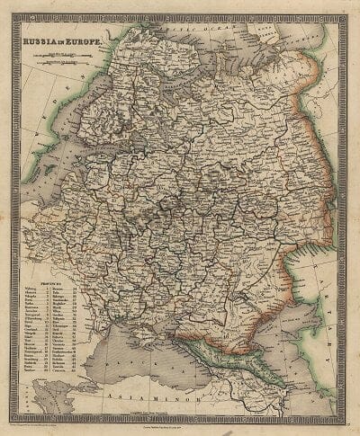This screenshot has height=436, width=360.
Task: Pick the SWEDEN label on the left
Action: [45, 117]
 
